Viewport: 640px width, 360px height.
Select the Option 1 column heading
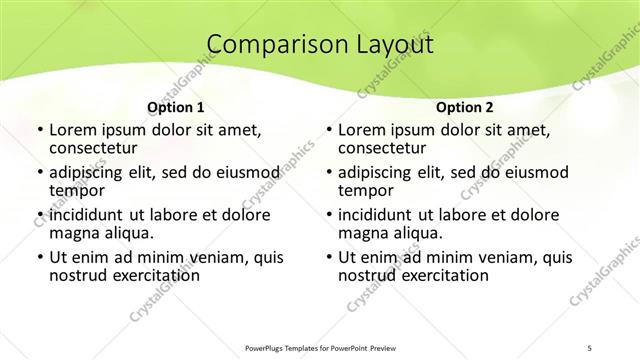click(x=176, y=107)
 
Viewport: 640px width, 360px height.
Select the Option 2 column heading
click(x=465, y=107)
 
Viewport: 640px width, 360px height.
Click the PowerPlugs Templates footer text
click(x=321, y=345)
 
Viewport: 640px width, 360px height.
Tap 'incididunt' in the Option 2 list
click(x=373, y=215)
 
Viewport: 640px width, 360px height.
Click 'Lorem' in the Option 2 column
click(x=361, y=131)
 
